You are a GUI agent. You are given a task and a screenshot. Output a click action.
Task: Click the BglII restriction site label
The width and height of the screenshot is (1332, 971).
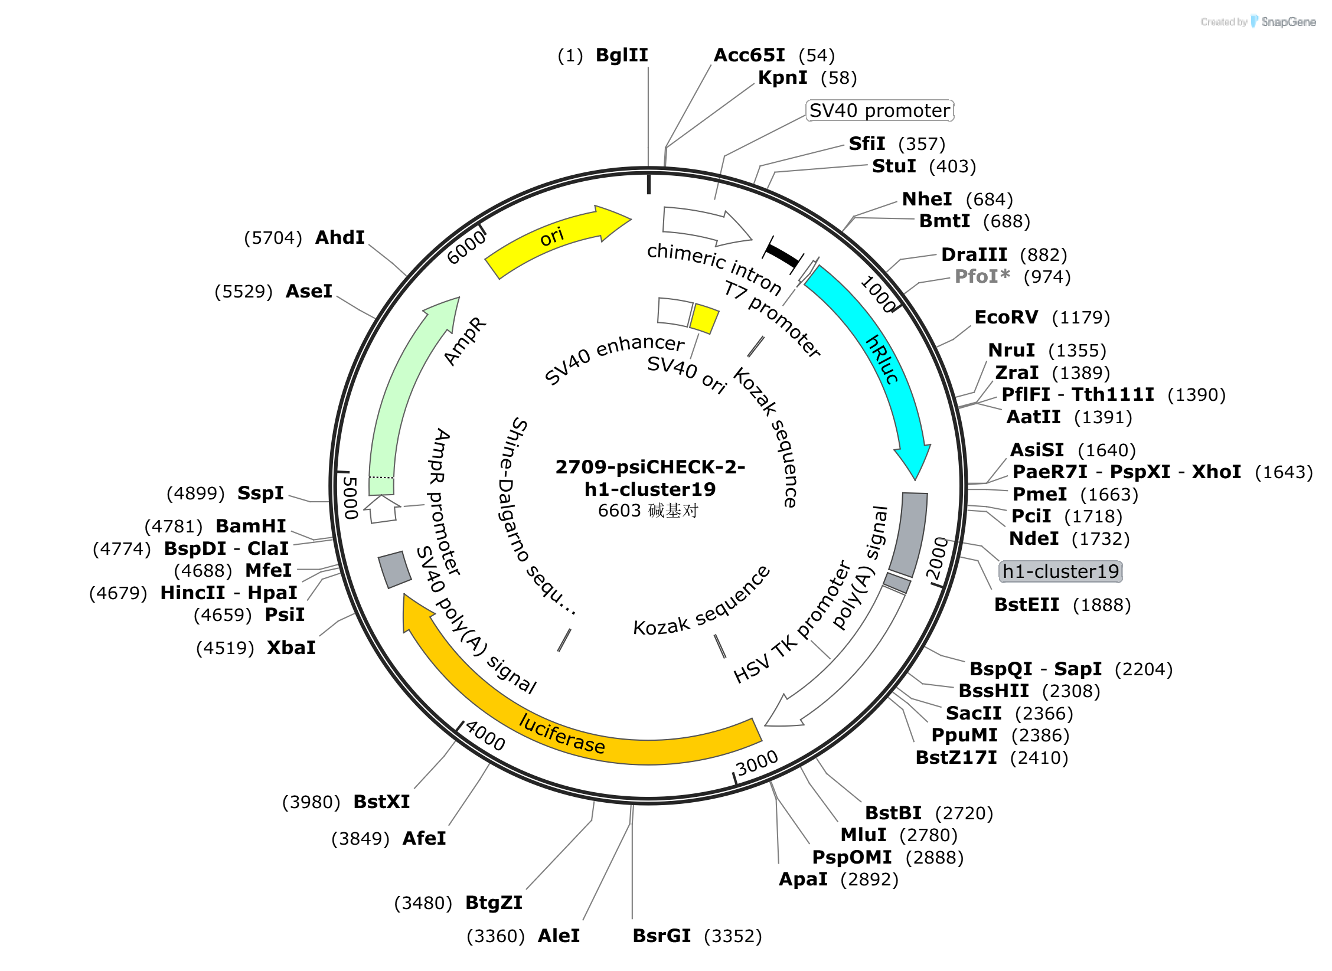point(622,55)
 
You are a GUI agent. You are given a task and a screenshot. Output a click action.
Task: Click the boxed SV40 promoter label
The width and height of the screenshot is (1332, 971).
point(880,110)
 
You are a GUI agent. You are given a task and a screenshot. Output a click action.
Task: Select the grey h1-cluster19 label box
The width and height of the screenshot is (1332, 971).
point(1060,571)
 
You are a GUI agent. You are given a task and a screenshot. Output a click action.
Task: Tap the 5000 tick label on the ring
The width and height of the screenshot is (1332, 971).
point(351,498)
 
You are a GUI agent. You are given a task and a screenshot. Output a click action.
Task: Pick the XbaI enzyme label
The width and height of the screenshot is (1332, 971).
point(291,648)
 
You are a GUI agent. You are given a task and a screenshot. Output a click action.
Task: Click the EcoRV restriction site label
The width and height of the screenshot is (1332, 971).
point(1006,317)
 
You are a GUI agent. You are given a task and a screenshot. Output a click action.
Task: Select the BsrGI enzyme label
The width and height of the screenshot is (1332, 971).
point(661,936)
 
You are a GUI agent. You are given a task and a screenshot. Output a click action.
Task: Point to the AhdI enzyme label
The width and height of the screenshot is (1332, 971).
point(339,237)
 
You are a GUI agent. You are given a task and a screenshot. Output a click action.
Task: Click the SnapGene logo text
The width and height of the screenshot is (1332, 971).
point(1288,22)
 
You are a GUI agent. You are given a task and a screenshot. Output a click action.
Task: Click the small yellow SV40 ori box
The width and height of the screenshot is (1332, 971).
point(704,319)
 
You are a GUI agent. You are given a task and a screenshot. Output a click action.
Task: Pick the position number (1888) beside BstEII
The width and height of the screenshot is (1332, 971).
point(1102,604)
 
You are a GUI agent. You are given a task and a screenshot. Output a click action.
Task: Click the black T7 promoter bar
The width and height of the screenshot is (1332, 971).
point(782,255)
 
